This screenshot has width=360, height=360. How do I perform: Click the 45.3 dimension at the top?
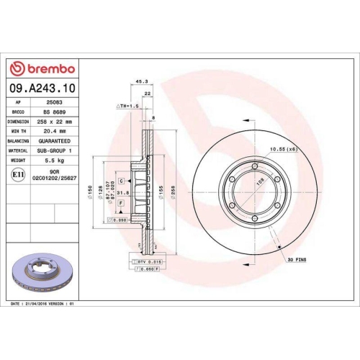[141, 81]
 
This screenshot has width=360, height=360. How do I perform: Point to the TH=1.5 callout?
[128, 106]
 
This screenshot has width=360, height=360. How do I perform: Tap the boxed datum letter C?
[120, 181]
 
